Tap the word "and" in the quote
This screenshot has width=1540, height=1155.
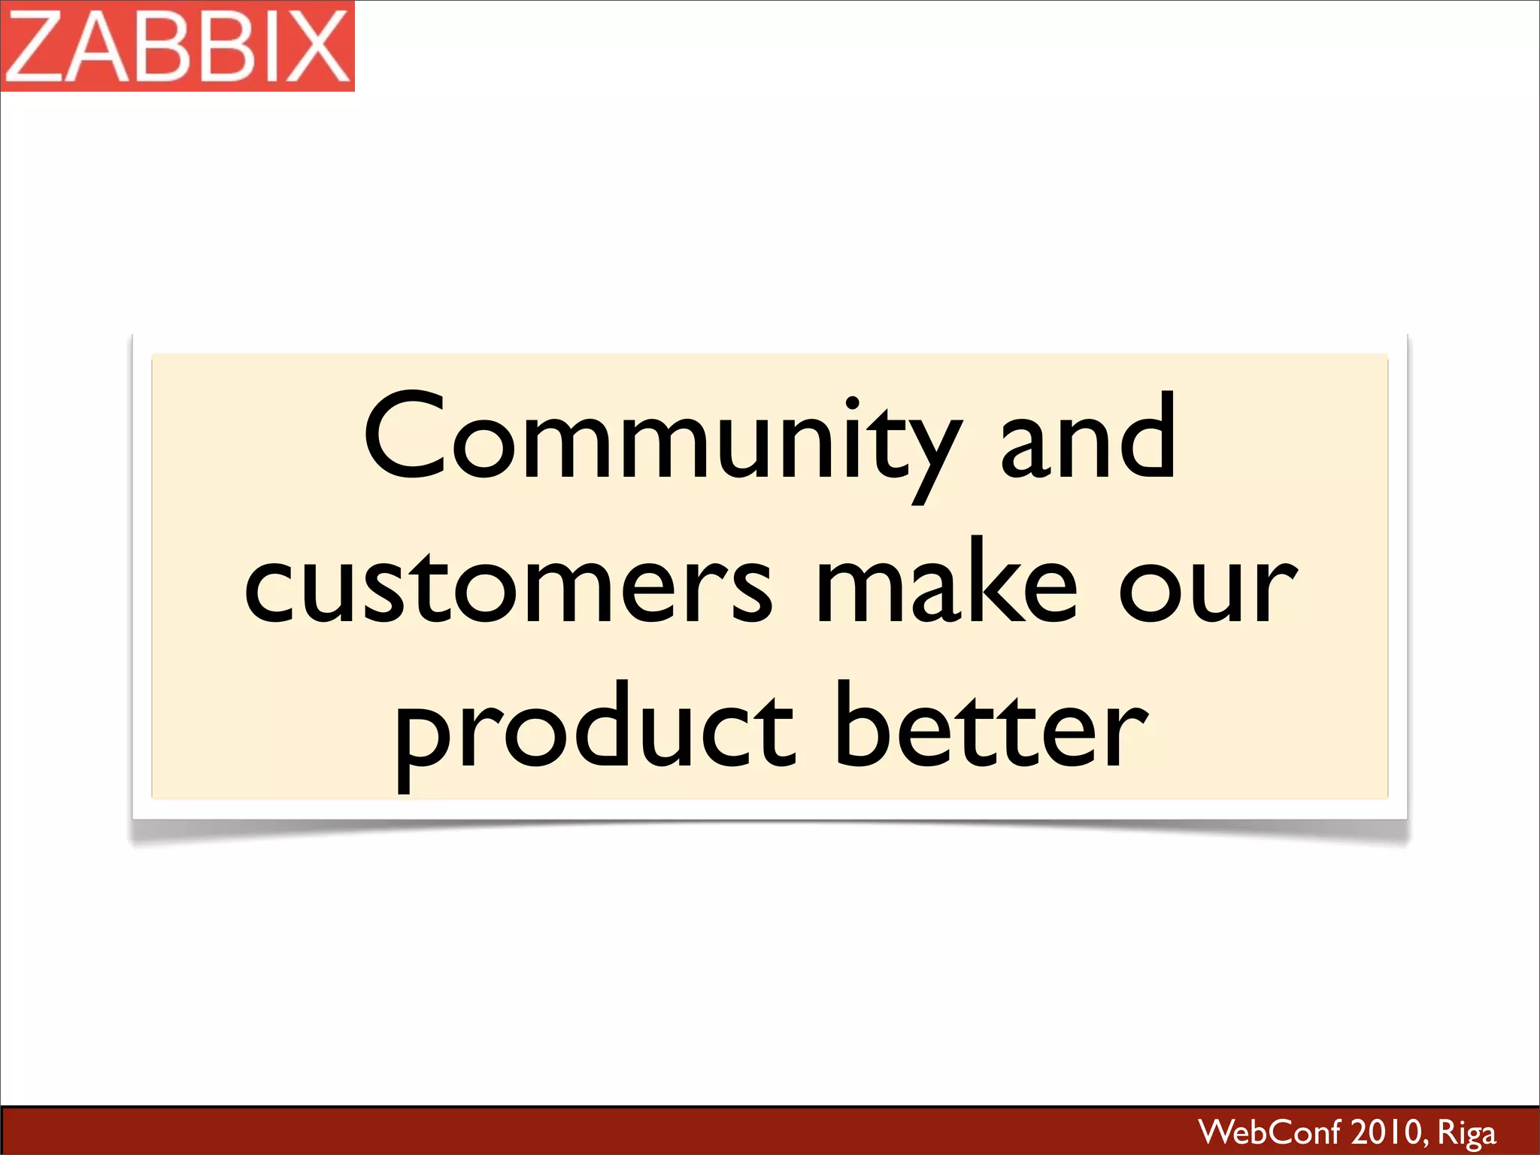coord(1087,440)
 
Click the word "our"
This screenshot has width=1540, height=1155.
coord(1208,590)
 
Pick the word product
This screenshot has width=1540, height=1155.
coord(594,729)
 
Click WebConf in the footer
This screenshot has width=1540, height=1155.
coord(1270,1132)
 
